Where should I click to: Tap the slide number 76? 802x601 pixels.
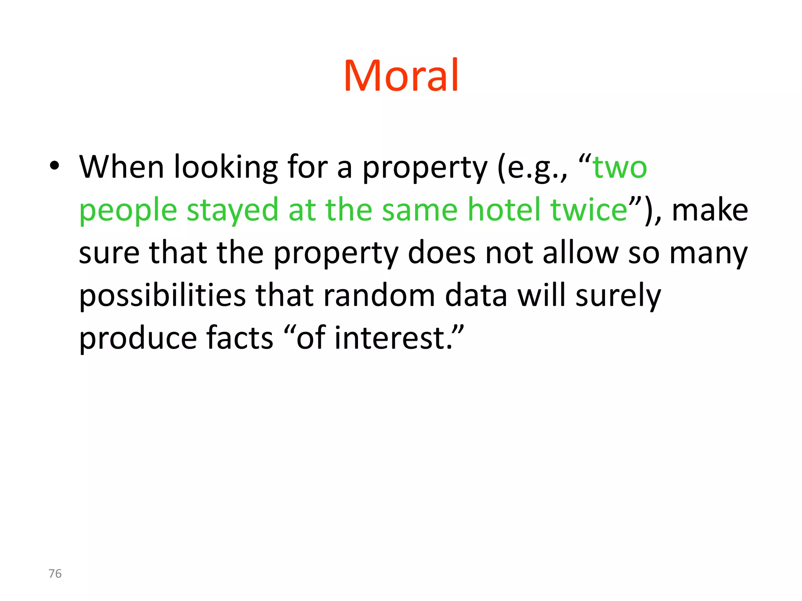coord(55,574)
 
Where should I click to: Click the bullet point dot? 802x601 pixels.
coord(54,166)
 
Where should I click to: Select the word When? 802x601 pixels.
coord(121,167)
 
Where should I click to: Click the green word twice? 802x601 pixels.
coord(589,210)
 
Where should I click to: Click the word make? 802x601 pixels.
coord(710,211)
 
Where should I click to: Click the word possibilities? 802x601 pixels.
coord(163,296)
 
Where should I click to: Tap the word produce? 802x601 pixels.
coord(137,338)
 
